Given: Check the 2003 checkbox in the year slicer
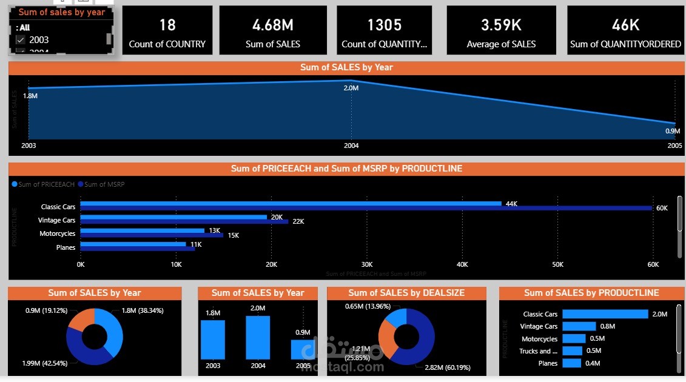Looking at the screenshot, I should pos(21,40).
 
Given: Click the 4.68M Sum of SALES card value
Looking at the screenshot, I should pos(273,25).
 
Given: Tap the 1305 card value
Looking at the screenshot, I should pos(384,25).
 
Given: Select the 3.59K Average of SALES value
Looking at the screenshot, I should pos(501,25).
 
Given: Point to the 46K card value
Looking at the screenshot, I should pos(625,25).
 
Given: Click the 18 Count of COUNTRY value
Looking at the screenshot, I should pos(167,25).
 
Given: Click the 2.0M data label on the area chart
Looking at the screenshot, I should pos(351,89).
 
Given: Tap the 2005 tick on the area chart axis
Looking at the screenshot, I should pos(674,146).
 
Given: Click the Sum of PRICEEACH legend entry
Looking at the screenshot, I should pos(46,184).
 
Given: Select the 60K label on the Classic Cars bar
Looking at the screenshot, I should pos(662,208).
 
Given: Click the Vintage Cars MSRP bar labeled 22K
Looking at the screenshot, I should pos(184,221).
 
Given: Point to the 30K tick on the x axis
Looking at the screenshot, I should pos(367,264).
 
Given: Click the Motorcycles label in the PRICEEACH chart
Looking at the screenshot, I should pos(58,233).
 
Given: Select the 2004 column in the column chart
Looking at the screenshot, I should pos(258,338).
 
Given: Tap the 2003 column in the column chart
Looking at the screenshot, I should pos(213,340).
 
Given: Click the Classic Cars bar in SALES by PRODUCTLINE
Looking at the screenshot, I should pos(605,314).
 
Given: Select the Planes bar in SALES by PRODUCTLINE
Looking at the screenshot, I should pos(571,363).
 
